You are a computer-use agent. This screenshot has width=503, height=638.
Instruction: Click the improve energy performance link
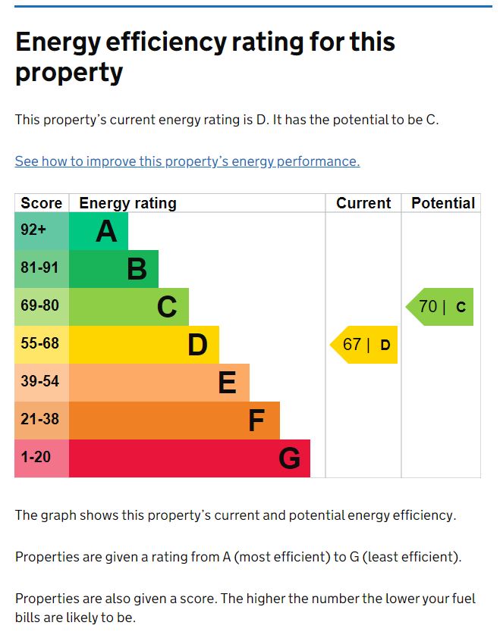click(187, 161)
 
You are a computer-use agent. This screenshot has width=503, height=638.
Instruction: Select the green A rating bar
click(99, 231)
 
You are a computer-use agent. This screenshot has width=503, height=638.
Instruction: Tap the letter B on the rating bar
click(137, 269)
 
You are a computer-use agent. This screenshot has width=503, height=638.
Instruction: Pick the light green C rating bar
click(129, 307)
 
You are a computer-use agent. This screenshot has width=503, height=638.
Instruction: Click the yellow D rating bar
click(144, 345)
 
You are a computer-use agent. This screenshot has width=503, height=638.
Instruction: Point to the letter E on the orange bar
click(227, 383)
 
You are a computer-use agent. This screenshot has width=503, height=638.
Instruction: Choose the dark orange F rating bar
click(174, 421)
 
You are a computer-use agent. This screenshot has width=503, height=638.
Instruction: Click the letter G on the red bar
click(289, 458)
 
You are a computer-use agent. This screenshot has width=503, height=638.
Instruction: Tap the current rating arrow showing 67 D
click(365, 345)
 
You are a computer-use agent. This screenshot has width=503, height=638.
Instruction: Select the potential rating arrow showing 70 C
click(441, 307)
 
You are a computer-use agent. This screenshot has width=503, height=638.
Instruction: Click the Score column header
click(42, 203)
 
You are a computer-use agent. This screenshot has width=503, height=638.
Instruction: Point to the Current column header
click(363, 203)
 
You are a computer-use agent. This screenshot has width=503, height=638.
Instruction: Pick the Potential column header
click(443, 203)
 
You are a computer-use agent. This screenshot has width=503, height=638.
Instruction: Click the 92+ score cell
click(34, 231)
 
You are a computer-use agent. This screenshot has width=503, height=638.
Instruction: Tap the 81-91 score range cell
click(39, 269)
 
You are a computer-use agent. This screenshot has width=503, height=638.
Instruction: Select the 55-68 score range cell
click(39, 345)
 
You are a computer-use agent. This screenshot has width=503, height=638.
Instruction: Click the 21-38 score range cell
click(39, 421)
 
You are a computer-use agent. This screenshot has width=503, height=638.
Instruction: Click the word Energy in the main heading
click(61, 42)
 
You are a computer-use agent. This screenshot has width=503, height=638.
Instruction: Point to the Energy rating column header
click(127, 203)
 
